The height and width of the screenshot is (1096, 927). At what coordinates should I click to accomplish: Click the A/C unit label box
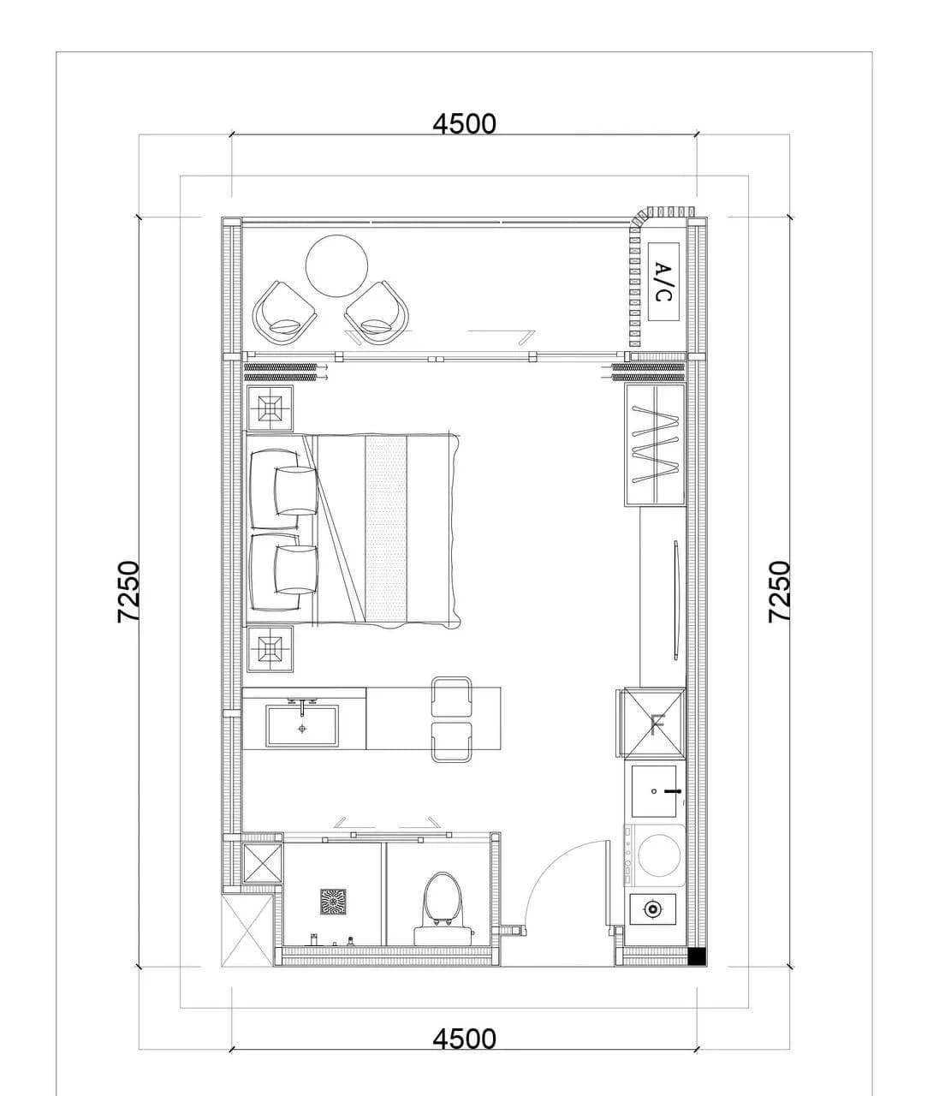(x=663, y=282)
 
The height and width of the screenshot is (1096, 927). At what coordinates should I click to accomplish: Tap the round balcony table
(x=336, y=265)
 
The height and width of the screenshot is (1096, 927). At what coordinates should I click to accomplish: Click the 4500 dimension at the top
(x=464, y=124)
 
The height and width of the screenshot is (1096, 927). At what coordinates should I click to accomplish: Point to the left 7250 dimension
(x=128, y=591)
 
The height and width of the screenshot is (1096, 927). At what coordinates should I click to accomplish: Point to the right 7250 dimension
(x=779, y=591)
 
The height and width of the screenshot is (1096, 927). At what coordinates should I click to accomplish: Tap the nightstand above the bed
(x=270, y=408)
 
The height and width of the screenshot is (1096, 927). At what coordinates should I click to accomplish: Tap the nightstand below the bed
(x=270, y=648)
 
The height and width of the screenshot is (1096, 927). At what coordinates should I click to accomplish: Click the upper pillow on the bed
(x=296, y=491)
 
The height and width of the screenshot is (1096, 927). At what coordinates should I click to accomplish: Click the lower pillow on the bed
(x=296, y=570)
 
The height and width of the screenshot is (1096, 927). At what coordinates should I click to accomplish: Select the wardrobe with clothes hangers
(x=655, y=445)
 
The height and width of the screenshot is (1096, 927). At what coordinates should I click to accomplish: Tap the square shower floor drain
(x=333, y=902)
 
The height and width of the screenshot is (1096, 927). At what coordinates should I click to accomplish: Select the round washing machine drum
(x=659, y=855)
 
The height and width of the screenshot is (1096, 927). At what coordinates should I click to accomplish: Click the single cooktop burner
(x=653, y=909)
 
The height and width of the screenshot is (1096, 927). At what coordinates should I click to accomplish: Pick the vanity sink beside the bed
(x=302, y=725)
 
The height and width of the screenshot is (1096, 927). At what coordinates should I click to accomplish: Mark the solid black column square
(x=697, y=956)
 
